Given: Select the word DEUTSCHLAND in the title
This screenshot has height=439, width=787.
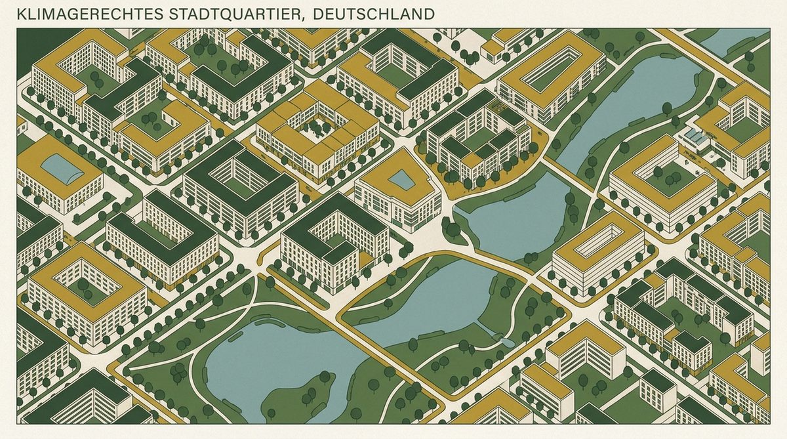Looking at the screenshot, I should (x=374, y=14).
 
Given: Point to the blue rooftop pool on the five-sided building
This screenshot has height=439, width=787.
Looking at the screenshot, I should (x=401, y=179).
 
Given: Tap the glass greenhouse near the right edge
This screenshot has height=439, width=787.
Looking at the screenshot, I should (x=696, y=138).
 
